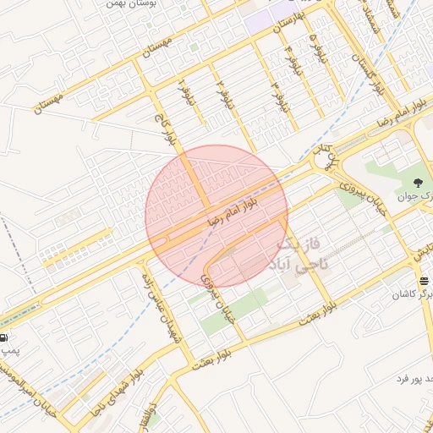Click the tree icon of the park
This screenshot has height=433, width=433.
point(417,182)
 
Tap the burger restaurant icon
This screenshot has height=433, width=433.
point(423,281)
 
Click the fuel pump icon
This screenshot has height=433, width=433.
point(7,337)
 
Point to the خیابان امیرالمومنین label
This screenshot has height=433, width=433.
point(19,386)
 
